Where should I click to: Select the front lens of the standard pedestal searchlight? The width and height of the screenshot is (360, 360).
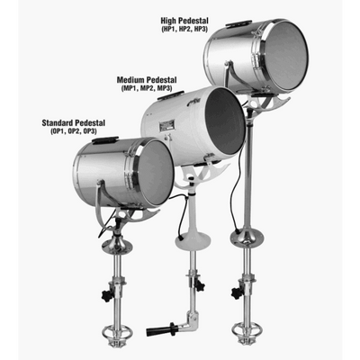157,173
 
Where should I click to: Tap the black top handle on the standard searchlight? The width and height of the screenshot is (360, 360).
104,141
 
